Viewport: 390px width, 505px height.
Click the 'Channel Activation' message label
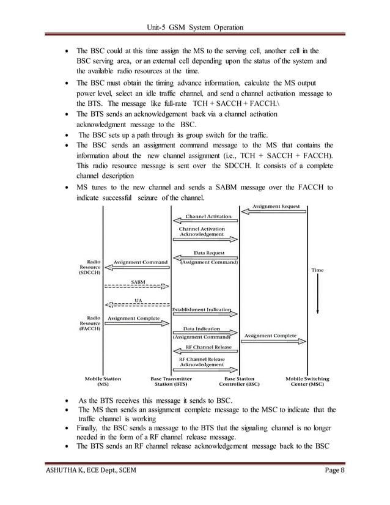[208, 216]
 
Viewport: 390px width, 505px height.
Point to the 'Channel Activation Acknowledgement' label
[202, 232]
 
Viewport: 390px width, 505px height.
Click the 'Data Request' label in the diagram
[209, 253]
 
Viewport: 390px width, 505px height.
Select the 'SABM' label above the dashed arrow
[138, 281]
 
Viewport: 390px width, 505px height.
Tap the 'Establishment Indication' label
[202, 310]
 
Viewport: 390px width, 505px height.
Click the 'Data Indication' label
[202, 329]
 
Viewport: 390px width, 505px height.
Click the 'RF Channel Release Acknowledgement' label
[202, 361]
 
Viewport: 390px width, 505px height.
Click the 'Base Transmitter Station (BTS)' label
[172, 382]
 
